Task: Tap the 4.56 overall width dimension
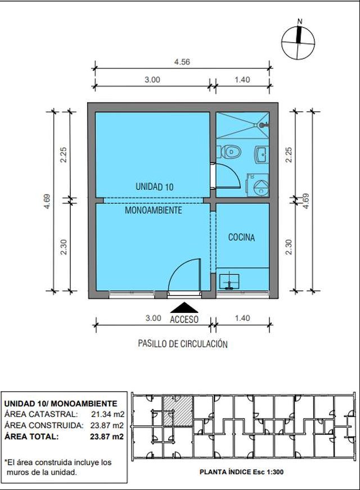pyautogui.click(x=182, y=62)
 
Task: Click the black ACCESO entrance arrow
pyautogui.click(x=184, y=307)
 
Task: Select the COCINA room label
pyautogui.click(x=241, y=238)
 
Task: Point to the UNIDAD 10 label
pyautogui.click(x=155, y=187)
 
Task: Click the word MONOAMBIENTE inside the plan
pyautogui.click(x=153, y=210)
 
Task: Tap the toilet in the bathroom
pyautogui.click(x=231, y=152)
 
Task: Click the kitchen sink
pyautogui.click(x=229, y=282)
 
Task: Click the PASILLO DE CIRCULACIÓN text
pyautogui.click(x=183, y=344)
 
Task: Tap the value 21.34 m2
pyautogui.click(x=107, y=414)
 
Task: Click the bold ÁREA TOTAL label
pyautogui.click(x=31, y=437)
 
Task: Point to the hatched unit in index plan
pyautogui.click(x=178, y=411)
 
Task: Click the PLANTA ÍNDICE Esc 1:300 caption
pyautogui.click(x=241, y=472)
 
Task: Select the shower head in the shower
pyautogui.click(x=263, y=125)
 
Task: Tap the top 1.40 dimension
pyautogui.click(x=242, y=80)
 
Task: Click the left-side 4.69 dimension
pyautogui.click(x=47, y=202)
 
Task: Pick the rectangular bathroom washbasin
pyautogui.click(x=261, y=155)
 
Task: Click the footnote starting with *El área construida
pyautogui.click(x=58, y=467)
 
